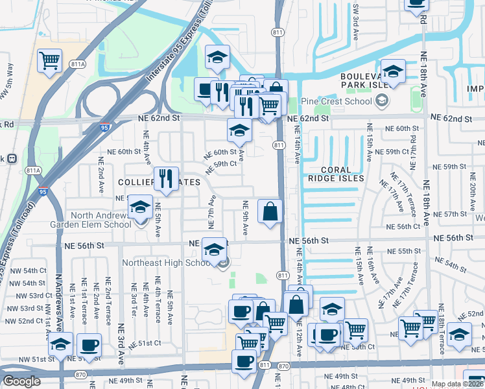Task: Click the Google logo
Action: pyautogui.click(x=21, y=381)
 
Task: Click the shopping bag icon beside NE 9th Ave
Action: pyautogui.click(x=270, y=211)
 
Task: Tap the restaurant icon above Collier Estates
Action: pyautogui.click(x=166, y=178)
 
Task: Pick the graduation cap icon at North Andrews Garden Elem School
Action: pyautogui.click(x=139, y=207)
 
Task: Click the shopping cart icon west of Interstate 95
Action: pyautogui.click(x=49, y=60)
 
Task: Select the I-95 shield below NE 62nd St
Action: pyautogui.click(x=104, y=128)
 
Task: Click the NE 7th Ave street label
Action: pyautogui.click(x=211, y=211)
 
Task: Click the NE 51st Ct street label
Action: pyautogui.click(x=140, y=343)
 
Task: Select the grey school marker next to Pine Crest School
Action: pyautogui.click(x=381, y=100)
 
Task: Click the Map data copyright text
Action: pyautogui.click(x=456, y=384)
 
